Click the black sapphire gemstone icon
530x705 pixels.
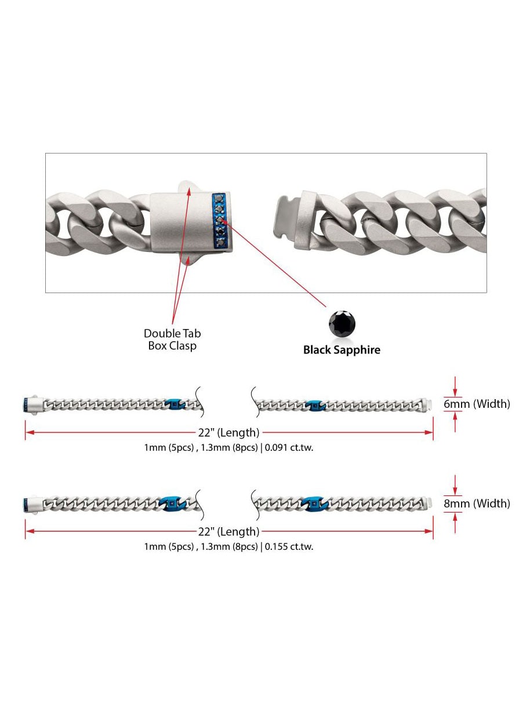coord(342,323)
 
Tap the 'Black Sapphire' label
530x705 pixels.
coord(342,350)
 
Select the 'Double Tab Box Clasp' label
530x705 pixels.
coord(172,339)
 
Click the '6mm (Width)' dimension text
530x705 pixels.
coord(477,404)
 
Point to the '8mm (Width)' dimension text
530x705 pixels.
coord(477,503)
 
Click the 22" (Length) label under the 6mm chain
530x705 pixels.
coord(228,433)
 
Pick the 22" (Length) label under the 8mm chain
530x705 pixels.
coord(228,532)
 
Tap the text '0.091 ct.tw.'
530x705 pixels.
coord(289,447)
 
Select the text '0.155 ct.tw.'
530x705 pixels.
coord(289,546)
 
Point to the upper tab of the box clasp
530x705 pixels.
coord(188,187)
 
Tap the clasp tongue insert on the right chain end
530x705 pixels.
coord(284,218)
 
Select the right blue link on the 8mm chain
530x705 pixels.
coord(315,504)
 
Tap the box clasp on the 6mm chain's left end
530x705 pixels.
coord(34,404)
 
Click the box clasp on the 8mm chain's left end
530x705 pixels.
coord(34,503)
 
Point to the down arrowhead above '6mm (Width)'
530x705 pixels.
coord(455,392)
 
